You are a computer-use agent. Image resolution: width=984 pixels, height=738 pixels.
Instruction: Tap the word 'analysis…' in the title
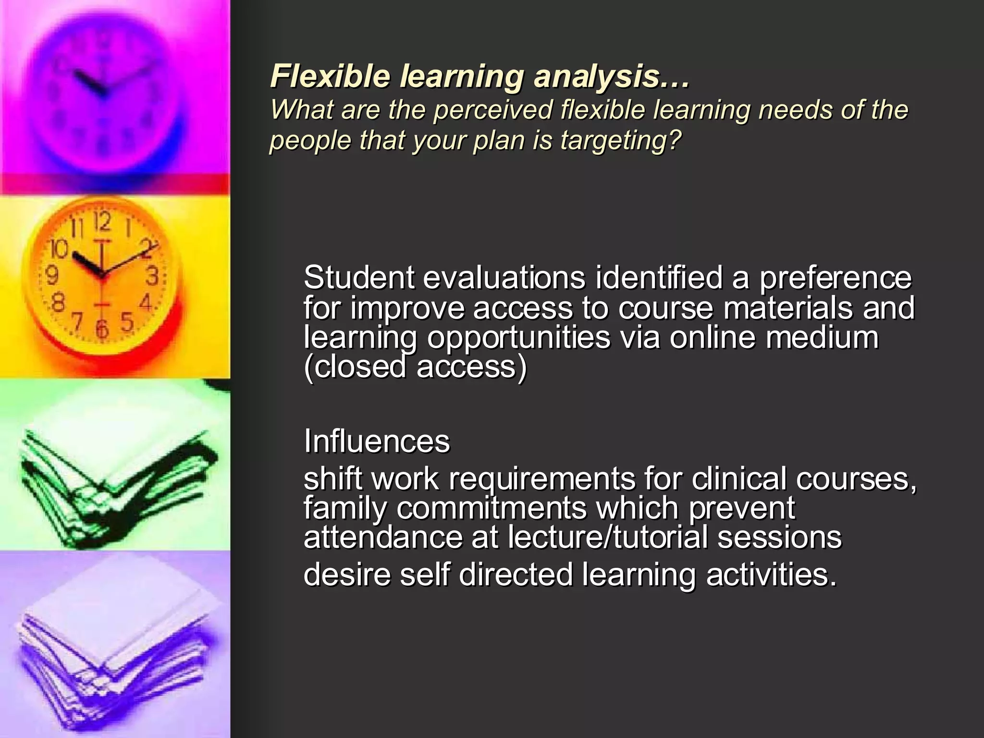(x=611, y=77)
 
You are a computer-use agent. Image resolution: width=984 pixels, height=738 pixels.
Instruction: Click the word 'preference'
(x=835, y=279)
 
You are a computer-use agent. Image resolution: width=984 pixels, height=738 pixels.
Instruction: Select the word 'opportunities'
(x=518, y=338)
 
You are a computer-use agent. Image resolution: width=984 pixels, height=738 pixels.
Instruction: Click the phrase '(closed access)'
(x=415, y=367)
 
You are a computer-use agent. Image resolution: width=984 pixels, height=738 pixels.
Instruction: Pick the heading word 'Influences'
(x=377, y=441)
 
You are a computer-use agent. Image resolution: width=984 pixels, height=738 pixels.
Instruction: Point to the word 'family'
(x=344, y=508)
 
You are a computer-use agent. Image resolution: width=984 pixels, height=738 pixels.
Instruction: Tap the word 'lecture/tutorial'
(x=607, y=537)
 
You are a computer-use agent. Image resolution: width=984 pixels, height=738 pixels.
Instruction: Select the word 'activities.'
(x=771, y=575)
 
